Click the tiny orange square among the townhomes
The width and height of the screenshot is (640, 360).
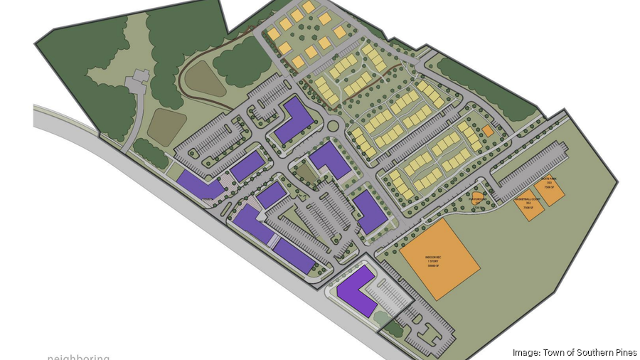click(x=487, y=131)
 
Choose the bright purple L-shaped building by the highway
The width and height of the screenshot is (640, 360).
click(x=357, y=291)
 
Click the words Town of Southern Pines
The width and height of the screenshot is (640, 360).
click(x=590, y=352)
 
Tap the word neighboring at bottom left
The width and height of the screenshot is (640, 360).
click(x=79, y=356)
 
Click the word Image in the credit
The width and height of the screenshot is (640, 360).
click(x=526, y=352)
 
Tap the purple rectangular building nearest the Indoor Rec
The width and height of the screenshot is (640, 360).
click(x=369, y=211)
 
